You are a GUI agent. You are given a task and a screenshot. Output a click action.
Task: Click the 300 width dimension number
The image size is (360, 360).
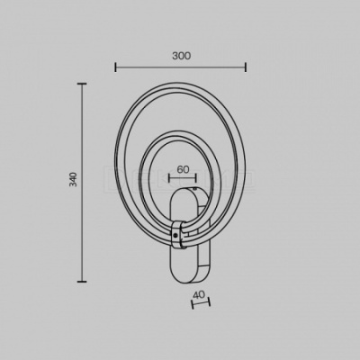tap(182, 56)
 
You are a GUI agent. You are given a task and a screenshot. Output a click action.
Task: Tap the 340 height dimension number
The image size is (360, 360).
tap(73, 179)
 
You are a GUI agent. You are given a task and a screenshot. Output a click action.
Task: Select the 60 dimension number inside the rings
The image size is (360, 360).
tap(183, 169)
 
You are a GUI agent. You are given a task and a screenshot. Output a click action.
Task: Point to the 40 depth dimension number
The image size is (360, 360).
tap(199, 295)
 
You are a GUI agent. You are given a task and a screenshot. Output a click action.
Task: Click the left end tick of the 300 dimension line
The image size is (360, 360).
tap(115, 67)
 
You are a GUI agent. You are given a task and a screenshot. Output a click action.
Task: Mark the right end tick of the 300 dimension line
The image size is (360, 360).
tap(246, 67)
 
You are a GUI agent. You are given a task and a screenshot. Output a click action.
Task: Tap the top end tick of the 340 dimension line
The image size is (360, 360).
tap(82, 84)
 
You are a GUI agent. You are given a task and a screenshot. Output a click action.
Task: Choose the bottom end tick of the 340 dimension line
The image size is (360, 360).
tap(82, 282)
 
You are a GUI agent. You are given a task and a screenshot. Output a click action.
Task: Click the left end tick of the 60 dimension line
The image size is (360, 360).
tap(169, 178)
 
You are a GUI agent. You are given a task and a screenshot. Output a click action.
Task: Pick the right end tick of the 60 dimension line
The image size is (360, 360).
tap(196, 178)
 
